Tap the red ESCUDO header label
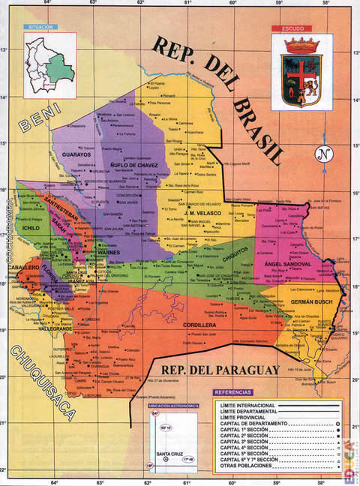click(293, 29)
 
